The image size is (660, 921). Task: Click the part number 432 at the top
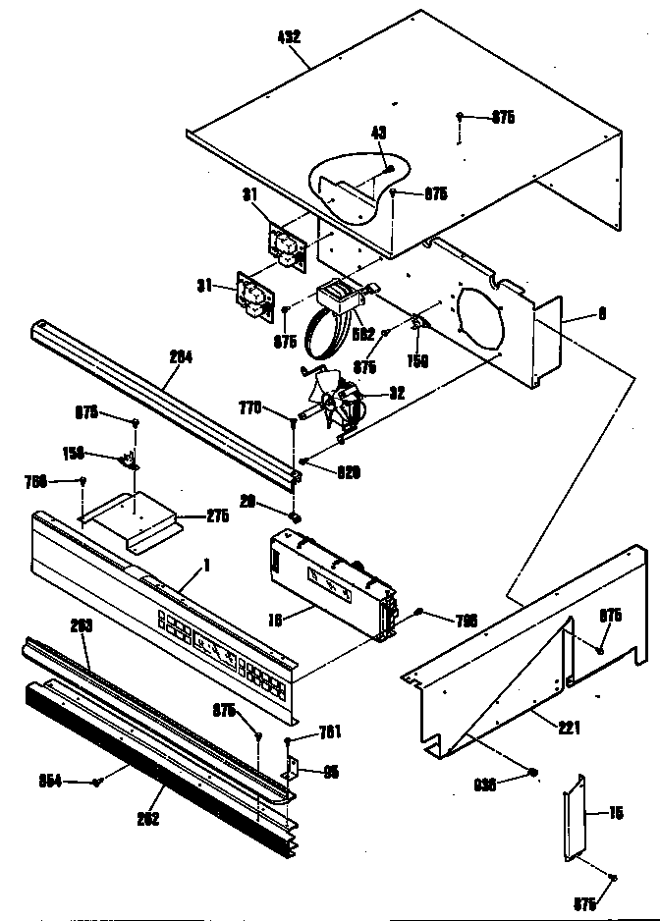(289, 36)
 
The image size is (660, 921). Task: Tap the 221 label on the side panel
(570, 728)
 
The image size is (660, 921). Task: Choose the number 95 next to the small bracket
(331, 772)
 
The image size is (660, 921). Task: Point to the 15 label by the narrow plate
(616, 812)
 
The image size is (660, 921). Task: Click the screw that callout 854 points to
(97, 782)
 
